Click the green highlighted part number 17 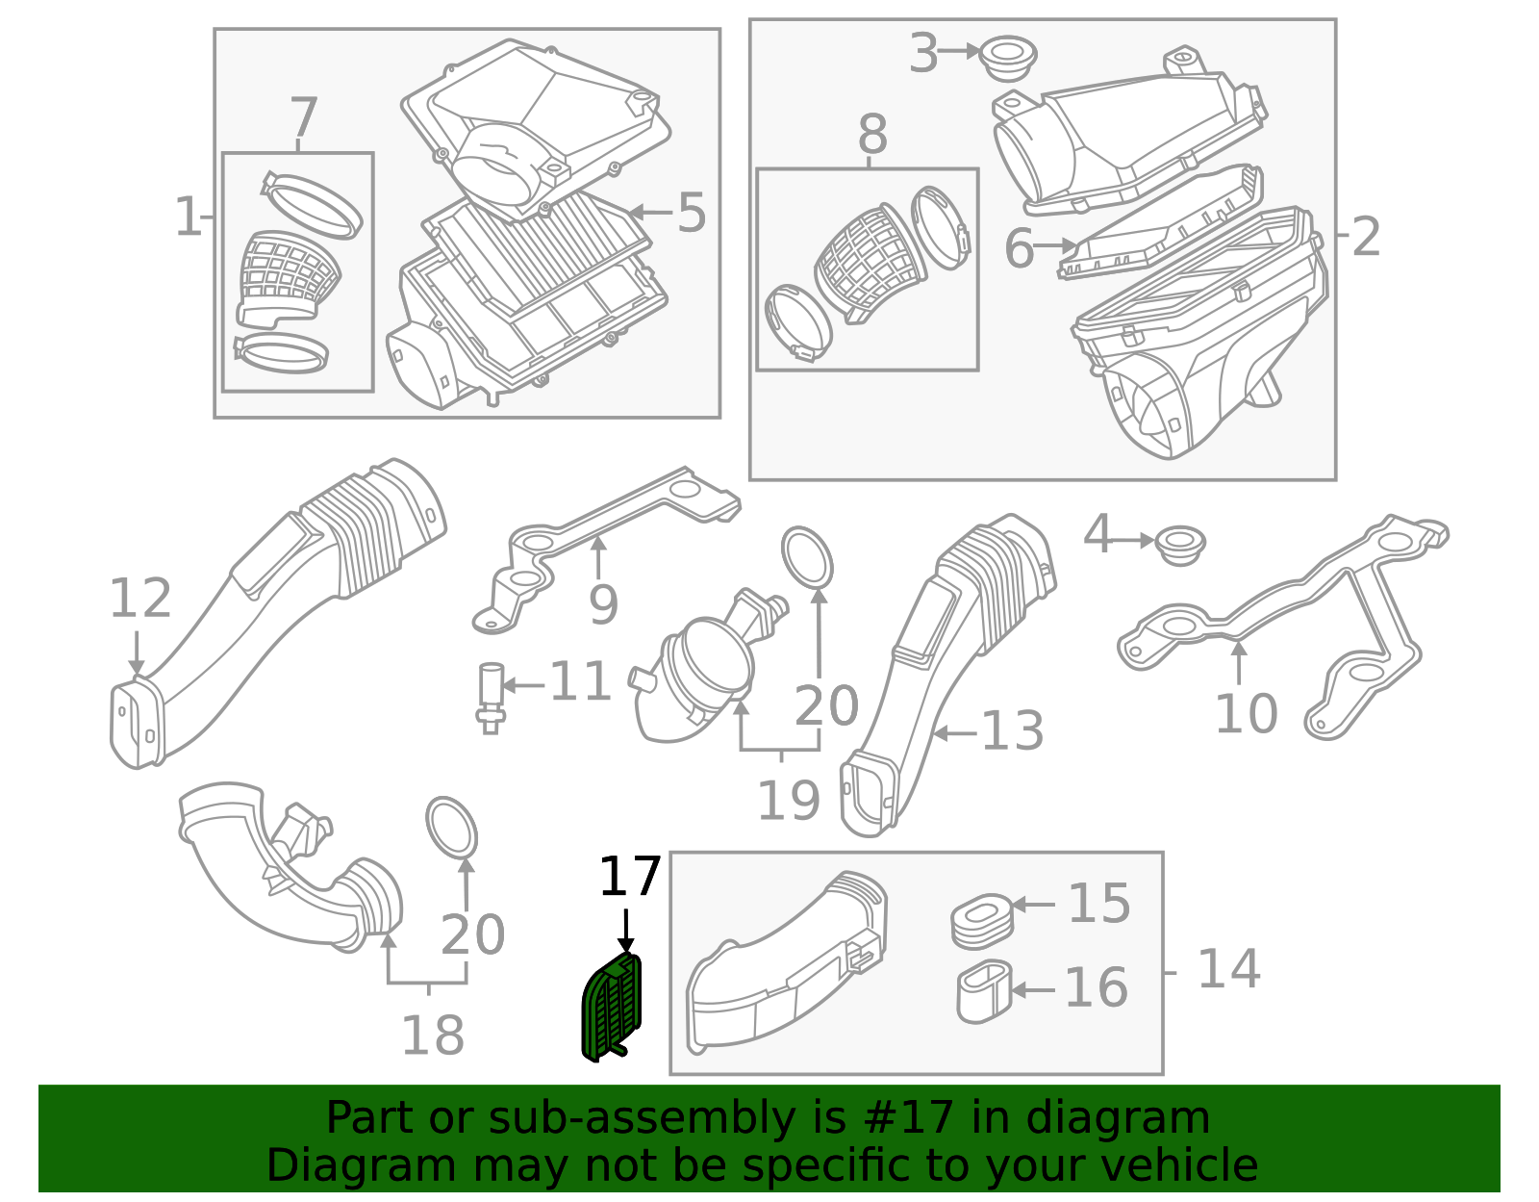click(x=611, y=1007)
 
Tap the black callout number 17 click(x=630, y=877)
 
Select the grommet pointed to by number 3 click(x=1009, y=59)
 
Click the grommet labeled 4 click(x=1180, y=545)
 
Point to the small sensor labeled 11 click(x=491, y=698)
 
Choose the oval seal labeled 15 click(x=982, y=921)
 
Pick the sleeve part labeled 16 click(x=984, y=991)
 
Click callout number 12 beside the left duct click(x=140, y=599)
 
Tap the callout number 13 click(x=1012, y=731)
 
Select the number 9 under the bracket click(x=603, y=604)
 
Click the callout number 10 click(x=1246, y=713)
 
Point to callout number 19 click(x=789, y=801)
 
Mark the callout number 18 click(x=433, y=1036)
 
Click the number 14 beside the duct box click(x=1228, y=969)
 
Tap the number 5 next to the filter click(x=692, y=213)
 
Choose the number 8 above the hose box click(x=872, y=134)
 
